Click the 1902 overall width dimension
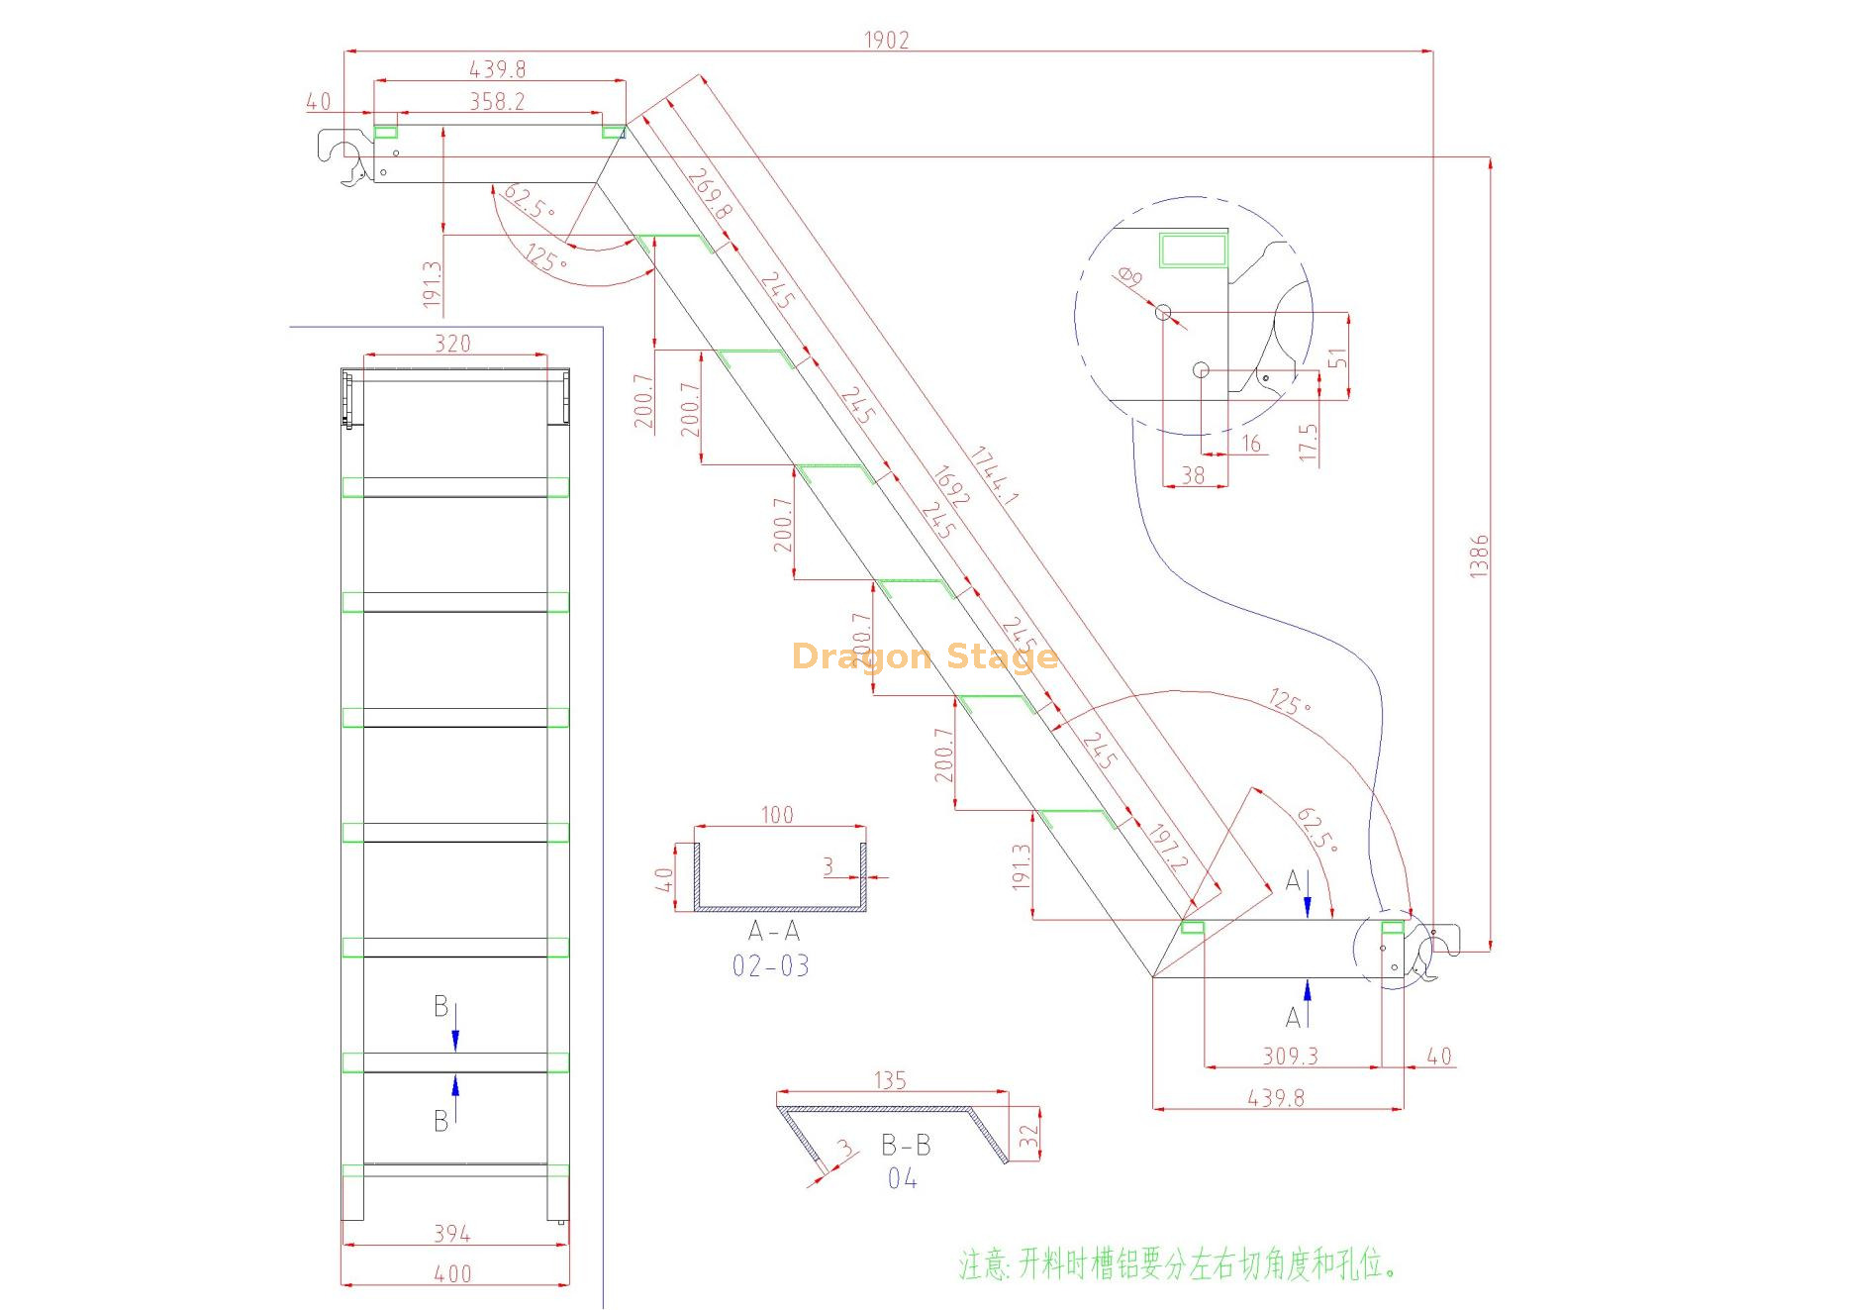click(x=886, y=40)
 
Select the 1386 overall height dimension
click(x=1478, y=555)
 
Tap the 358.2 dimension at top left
click(x=497, y=101)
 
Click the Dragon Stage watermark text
click(x=925, y=656)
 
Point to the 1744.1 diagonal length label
click(x=993, y=477)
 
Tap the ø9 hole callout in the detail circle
click(x=1129, y=276)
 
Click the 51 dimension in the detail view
click(x=1337, y=358)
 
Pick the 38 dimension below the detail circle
click(x=1193, y=475)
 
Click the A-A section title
click(x=773, y=931)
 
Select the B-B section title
click(x=906, y=1145)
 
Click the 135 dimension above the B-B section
click(x=890, y=1080)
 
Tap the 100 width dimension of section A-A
click(x=777, y=814)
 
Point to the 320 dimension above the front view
click(x=452, y=344)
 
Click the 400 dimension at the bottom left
click(x=452, y=1274)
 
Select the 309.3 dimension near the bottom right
click(x=1290, y=1057)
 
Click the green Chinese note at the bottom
click(x=1177, y=1264)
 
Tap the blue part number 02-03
click(x=770, y=965)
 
